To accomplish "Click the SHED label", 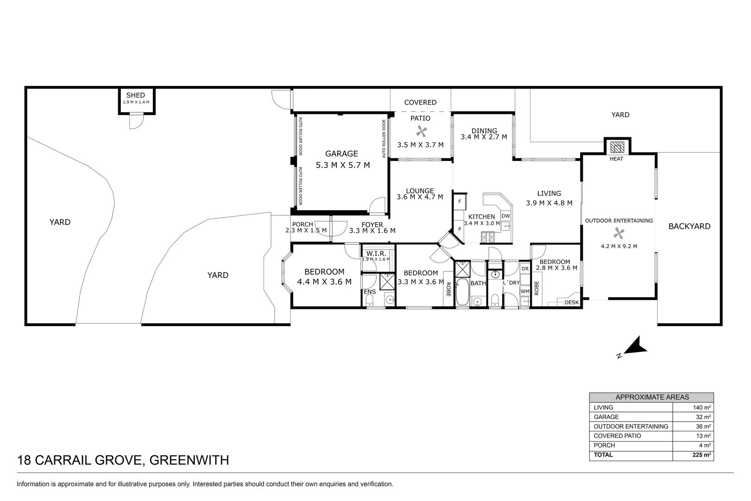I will point(136,95).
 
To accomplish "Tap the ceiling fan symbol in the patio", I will point(421,131).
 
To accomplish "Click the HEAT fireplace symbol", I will point(617,148).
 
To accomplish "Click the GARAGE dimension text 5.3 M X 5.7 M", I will point(343,165).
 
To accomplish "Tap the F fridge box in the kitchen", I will point(460,201).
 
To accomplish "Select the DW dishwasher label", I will point(505,216).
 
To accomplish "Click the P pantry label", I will point(460,229).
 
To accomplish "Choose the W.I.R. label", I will point(376,253).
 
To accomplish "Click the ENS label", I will point(370,292).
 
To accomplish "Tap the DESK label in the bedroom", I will point(572,302).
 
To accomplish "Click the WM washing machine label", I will point(524,291).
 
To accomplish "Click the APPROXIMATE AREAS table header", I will point(651,397).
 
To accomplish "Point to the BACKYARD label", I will point(689,226).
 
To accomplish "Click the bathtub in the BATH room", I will point(462,292).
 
